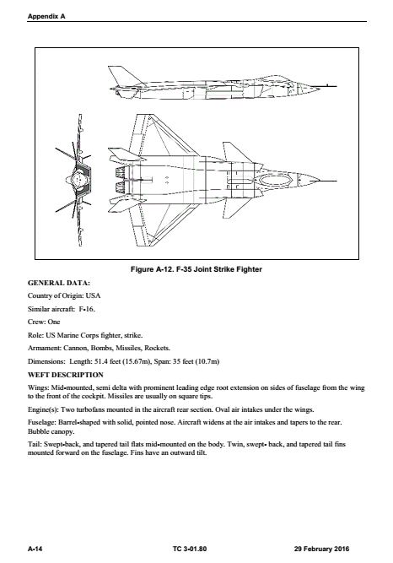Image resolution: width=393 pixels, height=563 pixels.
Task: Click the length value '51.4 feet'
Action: pyautogui.click(x=112, y=360)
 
